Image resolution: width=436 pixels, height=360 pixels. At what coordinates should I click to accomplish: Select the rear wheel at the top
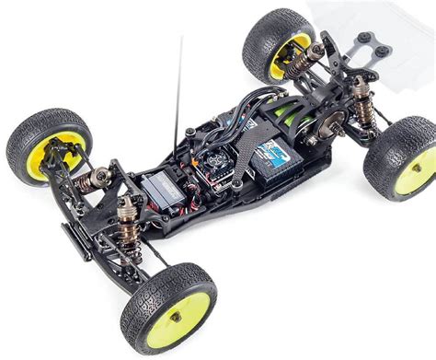coord(280,48)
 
